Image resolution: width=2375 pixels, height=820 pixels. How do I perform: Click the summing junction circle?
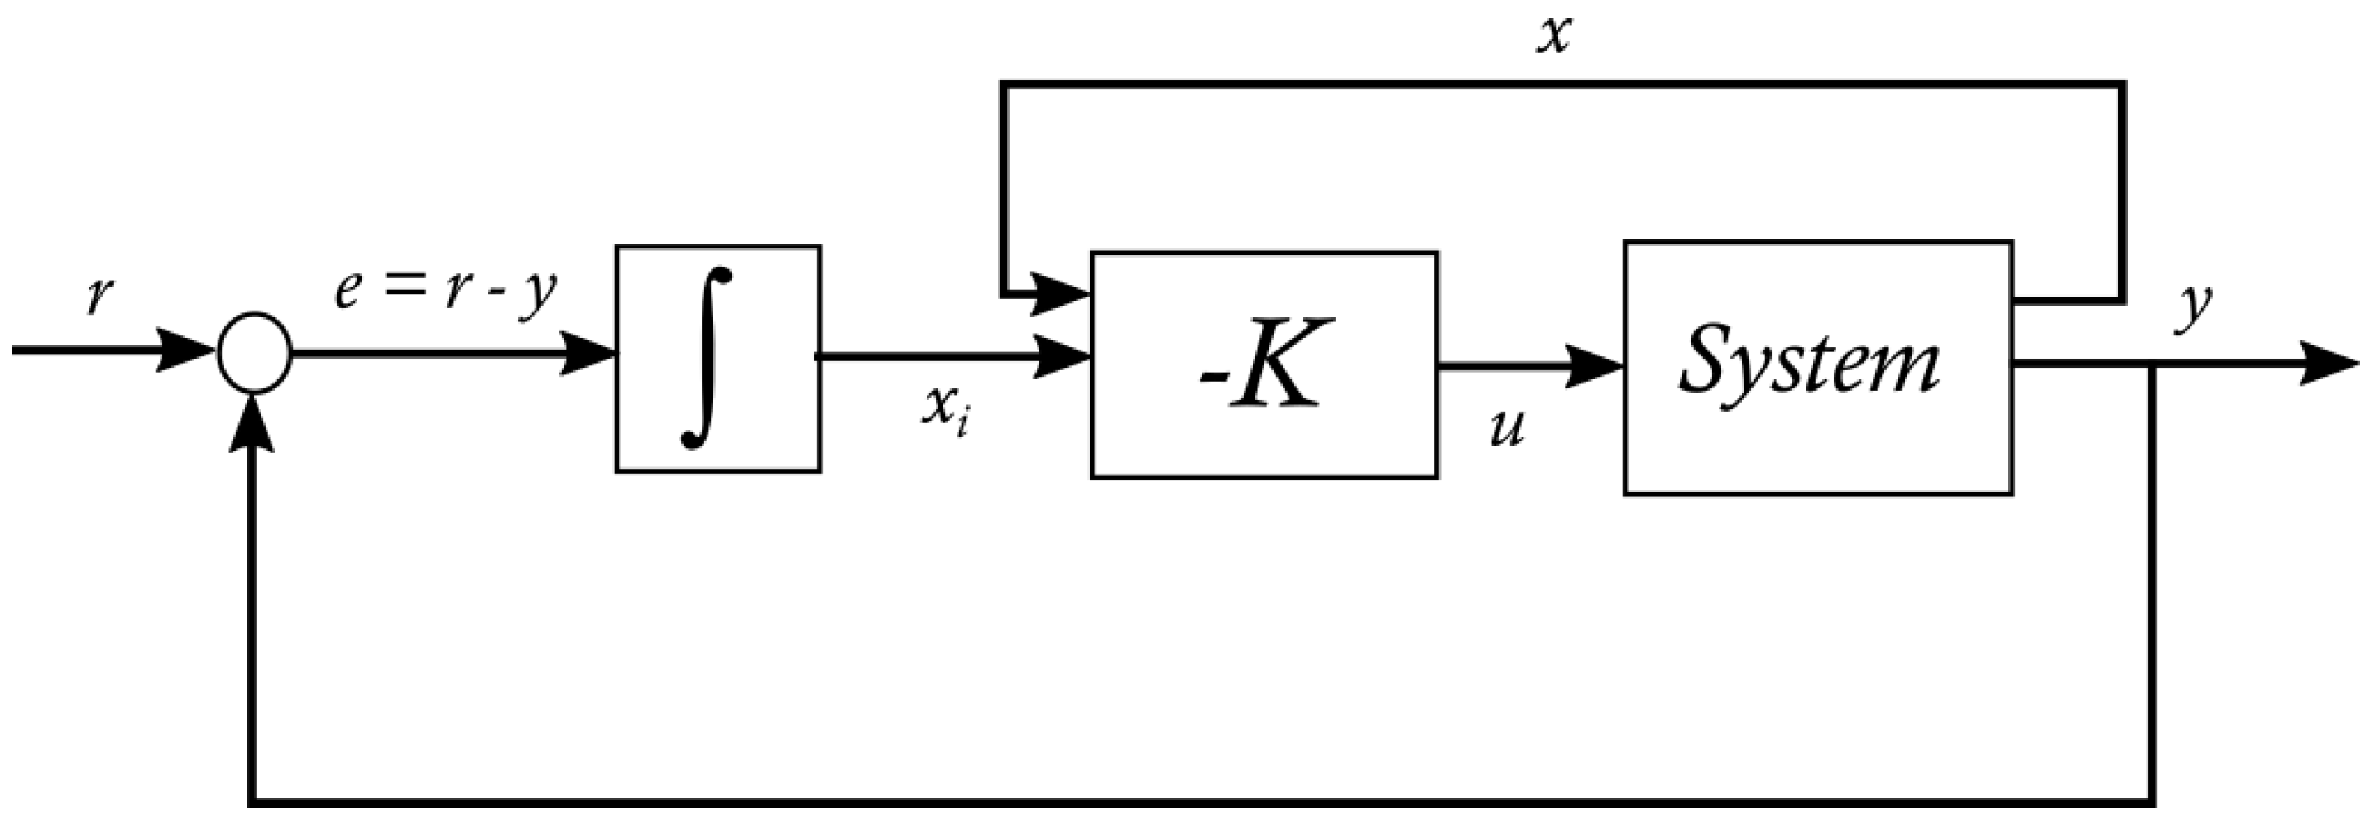(255, 352)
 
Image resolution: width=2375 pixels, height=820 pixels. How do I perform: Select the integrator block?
(718, 359)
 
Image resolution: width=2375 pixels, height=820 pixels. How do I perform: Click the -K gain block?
(1264, 364)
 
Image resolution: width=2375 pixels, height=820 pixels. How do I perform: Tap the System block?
(1817, 368)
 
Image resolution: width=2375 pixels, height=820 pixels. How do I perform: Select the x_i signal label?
(944, 411)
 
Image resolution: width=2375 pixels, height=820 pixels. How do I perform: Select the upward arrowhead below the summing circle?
(252, 426)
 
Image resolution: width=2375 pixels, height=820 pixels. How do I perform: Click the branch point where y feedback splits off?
(2152, 365)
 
